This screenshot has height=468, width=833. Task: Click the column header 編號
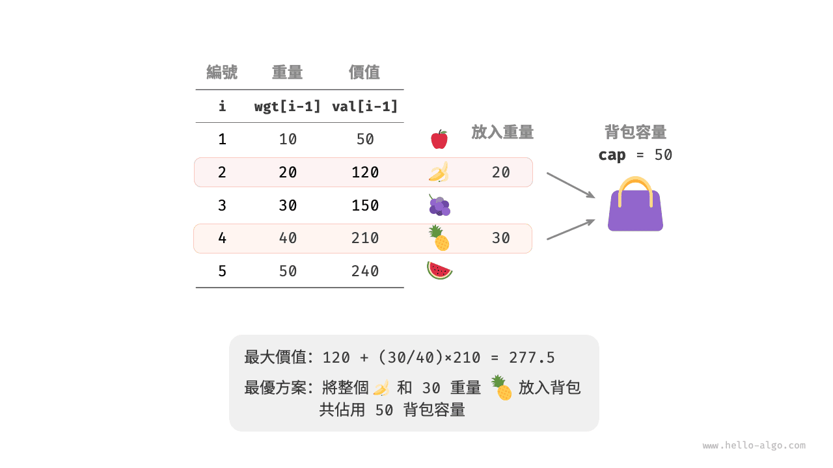[x=222, y=72]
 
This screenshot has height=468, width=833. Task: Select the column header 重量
[x=287, y=72]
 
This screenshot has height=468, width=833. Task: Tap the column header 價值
[x=364, y=72]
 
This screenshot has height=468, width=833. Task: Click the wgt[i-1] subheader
[x=287, y=107]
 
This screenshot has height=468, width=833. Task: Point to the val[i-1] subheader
[x=364, y=107]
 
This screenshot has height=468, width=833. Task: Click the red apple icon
[x=439, y=139]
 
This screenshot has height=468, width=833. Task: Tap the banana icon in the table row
[x=439, y=172]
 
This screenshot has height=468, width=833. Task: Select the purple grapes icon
[x=439, y=205]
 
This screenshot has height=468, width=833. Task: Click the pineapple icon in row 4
[x=439, y=239]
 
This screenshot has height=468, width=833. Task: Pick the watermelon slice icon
[x=439, y=270]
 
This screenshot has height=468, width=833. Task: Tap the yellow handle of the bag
[x=635, y=185]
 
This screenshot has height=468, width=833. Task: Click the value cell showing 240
[x=364, y=271]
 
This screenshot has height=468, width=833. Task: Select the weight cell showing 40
[x=288, y=238]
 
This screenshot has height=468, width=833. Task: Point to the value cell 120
[x=364, y=172]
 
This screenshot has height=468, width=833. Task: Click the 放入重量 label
[x=502, y=133]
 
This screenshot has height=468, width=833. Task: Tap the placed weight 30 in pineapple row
[x=500, y=238]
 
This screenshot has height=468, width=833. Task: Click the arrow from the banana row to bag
[x=571, y=185]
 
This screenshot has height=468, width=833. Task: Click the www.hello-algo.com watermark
[x=754, y=446]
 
